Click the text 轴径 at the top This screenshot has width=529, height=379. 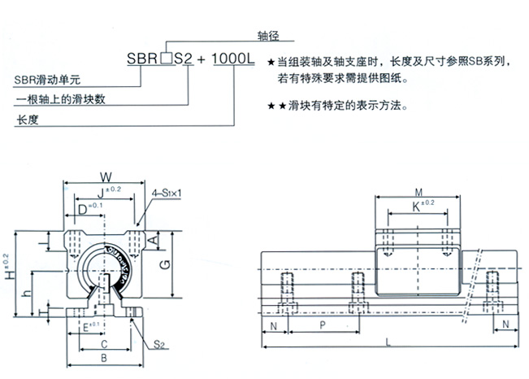click(x=267, y=37)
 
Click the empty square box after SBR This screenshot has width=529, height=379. click(x=166, y=59)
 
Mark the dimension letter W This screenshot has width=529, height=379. click(x=104, y=176)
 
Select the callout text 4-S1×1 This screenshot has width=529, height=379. click(x=167, y=193)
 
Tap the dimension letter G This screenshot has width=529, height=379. click(x=166, y=263)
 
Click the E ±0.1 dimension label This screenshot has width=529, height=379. click(x=91, y=327)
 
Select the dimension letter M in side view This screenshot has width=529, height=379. click(x=418, y=193)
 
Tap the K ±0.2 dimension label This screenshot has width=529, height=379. click(x=420, y=207)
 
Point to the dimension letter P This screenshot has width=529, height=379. click(x=323, y=324)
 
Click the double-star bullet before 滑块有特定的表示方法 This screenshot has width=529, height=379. click(x=275, y=107)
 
